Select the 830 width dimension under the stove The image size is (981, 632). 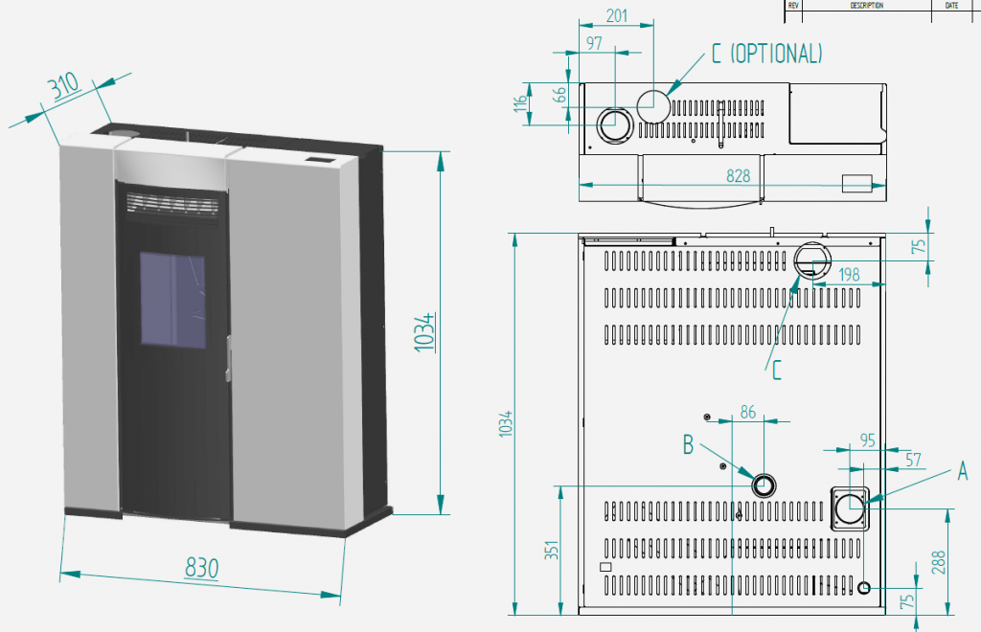[202, 568]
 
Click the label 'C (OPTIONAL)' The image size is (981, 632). [766, 54]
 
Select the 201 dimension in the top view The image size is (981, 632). [617, 15]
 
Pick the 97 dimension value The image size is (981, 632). [594, 44]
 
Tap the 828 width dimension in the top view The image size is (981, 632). [738, 176]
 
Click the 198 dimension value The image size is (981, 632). [849, 276]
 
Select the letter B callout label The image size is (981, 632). [688, 444]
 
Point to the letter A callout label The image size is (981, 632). [963, 471]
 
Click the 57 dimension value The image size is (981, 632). [912, 461]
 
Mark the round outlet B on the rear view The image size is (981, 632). [764, 485]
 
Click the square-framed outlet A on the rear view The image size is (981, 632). [849, 508]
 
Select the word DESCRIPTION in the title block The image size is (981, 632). [866, 5]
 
